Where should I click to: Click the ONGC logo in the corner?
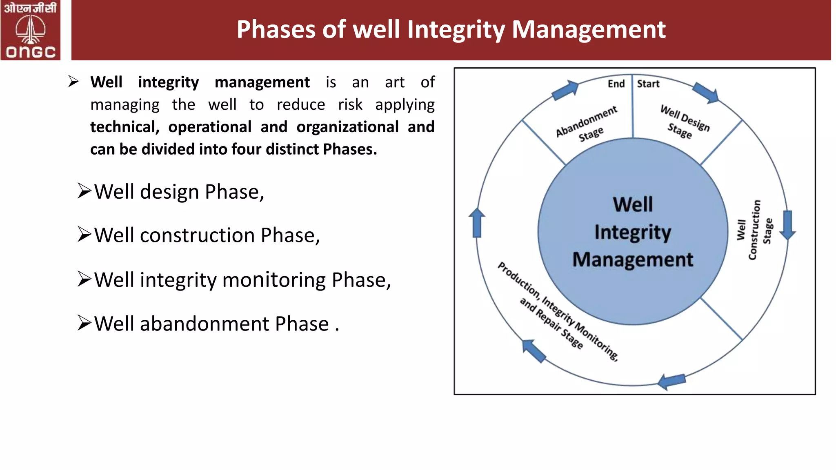tap(30, 30)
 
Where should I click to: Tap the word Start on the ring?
tap(648, 84)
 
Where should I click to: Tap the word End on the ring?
tap(616, 84)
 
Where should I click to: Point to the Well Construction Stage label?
tap(754, 230)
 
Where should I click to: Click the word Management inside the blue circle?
tap(632, 259)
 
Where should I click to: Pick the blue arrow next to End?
tap(565, 90)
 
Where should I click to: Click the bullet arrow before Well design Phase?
tap(84, 191)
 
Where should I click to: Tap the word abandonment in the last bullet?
tap(205, 324)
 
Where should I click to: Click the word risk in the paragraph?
tap(350, 104)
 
